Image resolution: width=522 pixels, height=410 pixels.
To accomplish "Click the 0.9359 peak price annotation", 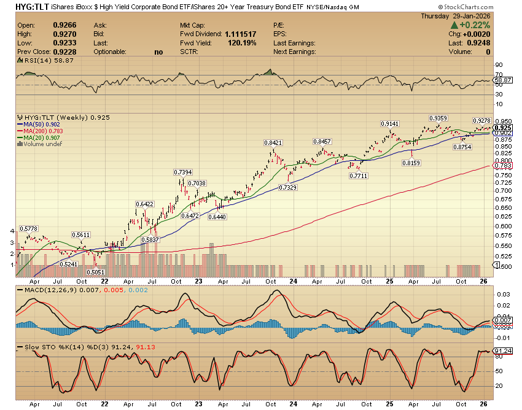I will pos(437,117).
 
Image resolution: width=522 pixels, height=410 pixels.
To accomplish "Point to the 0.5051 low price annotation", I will pos(95,272).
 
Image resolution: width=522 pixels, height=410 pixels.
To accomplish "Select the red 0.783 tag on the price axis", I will pos(502,166).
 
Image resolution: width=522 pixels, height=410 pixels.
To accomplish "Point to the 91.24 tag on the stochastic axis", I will pos(503,351).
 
